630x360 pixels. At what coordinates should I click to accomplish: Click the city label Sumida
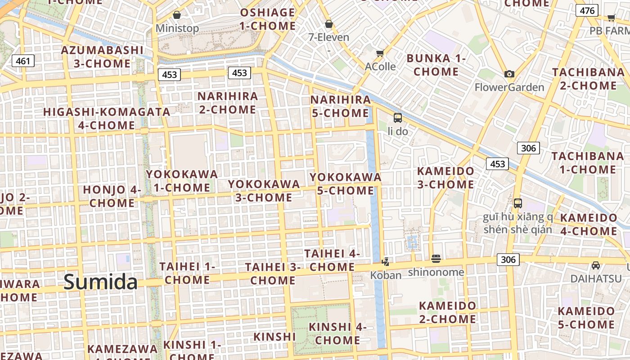100,282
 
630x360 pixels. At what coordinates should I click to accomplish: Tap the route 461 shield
23,61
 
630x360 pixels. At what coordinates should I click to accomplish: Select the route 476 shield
587,11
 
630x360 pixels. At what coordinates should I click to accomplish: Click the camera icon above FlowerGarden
509,74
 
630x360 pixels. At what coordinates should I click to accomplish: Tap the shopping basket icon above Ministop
177,15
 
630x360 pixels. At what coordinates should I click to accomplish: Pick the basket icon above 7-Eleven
328,24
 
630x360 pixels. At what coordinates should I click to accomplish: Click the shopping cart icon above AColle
380,54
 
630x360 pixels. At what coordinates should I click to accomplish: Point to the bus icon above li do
398,118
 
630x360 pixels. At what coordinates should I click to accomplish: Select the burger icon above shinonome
436,259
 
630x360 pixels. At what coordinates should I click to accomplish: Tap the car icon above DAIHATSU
596,265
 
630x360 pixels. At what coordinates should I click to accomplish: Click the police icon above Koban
386,261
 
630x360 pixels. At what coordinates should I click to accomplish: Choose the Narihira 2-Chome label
228,103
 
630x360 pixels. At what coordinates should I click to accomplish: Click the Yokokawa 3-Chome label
264,190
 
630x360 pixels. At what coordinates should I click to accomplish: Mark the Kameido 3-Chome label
445,178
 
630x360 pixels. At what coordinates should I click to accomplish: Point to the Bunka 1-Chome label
436,65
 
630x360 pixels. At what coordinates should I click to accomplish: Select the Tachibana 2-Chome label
589,79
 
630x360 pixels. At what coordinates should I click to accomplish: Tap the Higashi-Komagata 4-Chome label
107,118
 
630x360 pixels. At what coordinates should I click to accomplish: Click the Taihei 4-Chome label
332,260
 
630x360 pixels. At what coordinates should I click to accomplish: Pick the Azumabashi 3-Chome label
102,57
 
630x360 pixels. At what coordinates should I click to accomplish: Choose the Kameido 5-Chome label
586,318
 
